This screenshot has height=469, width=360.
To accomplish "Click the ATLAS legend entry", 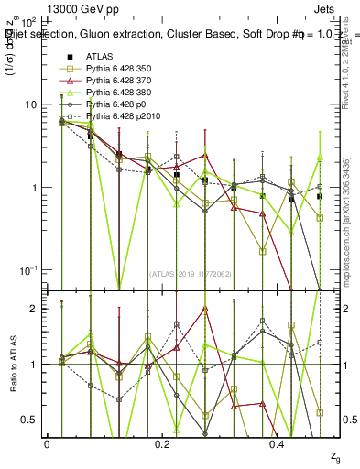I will click(x=99, y=57).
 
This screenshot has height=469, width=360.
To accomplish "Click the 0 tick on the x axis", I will click(x=47, y=443).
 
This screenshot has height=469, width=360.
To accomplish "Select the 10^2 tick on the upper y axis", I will click(x=27, y=20).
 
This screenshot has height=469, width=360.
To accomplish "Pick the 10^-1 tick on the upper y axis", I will click(x=27, y=270).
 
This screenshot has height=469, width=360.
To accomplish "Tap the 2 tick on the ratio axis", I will click(x=35, y=309).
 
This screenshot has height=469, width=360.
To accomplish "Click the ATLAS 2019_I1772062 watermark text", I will click(x=190, y=273).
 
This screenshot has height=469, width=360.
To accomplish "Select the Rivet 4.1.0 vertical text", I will click(x=338, y=64).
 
